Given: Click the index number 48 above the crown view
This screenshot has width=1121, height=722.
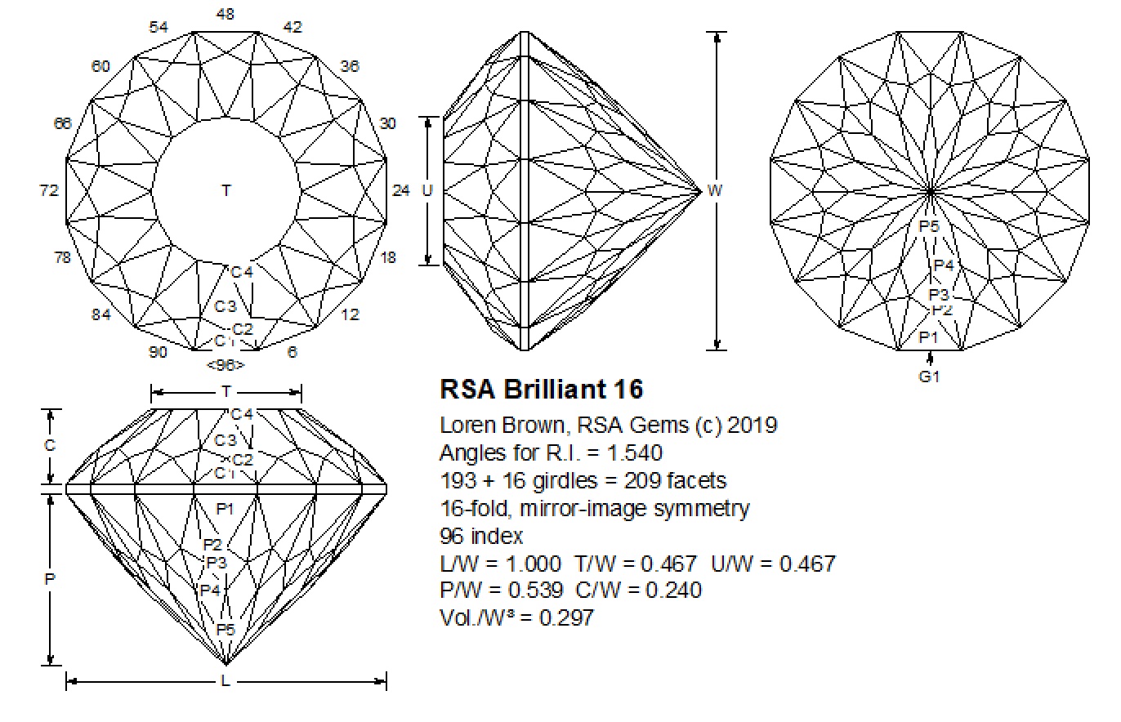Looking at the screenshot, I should [226, 14].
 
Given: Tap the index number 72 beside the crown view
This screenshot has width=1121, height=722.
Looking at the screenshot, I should [49, 190].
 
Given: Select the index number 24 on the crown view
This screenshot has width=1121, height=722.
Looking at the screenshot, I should [400, 190].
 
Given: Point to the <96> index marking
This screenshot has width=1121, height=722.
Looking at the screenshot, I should [226, 365].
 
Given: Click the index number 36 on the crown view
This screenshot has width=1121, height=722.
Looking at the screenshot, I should [350, 66].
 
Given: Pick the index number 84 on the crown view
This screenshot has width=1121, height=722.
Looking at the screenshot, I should [100, 314].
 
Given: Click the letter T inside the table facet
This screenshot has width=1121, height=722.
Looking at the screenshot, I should [226, 190].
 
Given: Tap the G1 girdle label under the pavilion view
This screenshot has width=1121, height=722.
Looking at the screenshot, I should [930, 377].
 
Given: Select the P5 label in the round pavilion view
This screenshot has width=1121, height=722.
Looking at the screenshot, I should [930, 226].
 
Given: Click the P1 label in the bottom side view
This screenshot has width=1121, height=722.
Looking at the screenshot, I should [226, 509].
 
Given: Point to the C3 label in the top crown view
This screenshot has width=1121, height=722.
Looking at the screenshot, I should [226, 307].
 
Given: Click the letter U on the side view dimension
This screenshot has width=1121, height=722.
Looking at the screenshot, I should [427, 190].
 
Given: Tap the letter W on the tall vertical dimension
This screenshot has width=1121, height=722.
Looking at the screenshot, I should [715, 190].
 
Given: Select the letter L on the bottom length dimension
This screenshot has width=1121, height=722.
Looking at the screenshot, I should [226, 680].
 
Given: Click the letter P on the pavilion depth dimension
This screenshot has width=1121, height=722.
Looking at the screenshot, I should [50, 578].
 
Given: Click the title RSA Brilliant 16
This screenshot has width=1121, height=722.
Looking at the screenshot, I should [542, 389].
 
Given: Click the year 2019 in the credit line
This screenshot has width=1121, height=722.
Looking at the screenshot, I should [752, 425].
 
